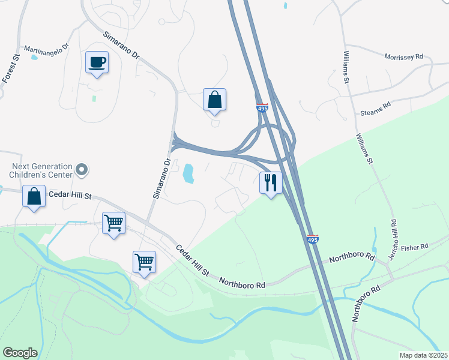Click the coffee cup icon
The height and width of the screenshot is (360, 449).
click(x=97, y=62)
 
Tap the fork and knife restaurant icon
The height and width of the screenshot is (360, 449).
click(x=271, y=182)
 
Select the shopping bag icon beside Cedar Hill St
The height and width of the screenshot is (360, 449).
click(x=34, y=196)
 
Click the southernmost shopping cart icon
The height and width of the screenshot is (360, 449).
click(x=144, y=262)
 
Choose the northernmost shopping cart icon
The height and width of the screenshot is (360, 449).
click(x=113, y=223)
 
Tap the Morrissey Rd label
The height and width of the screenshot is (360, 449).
click(x=403, y=56)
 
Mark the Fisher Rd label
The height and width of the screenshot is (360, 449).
click(x=415, y=247)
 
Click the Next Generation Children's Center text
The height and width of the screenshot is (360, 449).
click(x=41, y=170)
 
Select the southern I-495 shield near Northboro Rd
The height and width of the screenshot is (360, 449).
click(x=312, y=239)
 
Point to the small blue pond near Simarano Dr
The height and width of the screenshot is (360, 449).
click(x=187, y=174)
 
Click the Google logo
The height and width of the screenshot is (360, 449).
click(x=20, y=353)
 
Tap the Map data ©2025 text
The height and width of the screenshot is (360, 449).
click(x=423, y=355)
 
